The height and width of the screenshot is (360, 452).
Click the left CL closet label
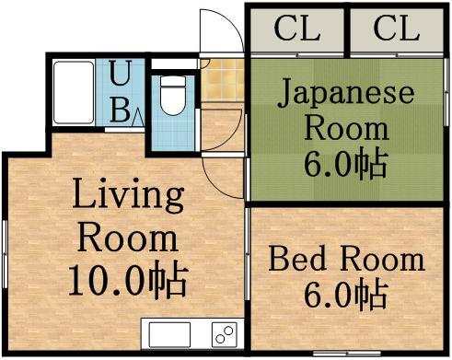[x=296, y=30]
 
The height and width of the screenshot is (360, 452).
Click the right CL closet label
[x=397, y=30]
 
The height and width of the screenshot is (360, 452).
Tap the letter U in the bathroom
[x=120, y=73]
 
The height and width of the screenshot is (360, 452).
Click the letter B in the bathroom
[x=120, y=110]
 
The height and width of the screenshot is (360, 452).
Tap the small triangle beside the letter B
[x=136, y=117]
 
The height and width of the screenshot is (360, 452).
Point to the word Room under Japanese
[x=345, y=127]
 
